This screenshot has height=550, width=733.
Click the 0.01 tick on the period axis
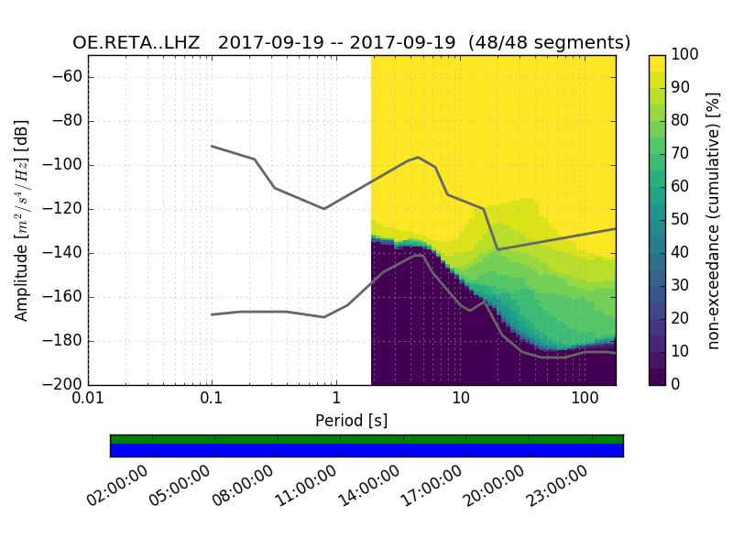(x=88, y=401)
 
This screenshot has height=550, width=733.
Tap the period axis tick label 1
(x=336, y=401)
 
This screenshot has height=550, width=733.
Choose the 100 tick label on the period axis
(x=585, y=401)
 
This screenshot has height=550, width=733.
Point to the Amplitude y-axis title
(x=22, y=220)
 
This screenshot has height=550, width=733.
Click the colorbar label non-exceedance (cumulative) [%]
(x=715, y=220)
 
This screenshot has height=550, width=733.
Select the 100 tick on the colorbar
(x=686, y=55)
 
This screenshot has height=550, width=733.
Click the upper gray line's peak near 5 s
(x=418, y=158)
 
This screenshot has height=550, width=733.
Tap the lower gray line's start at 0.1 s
(x=212, y=314)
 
